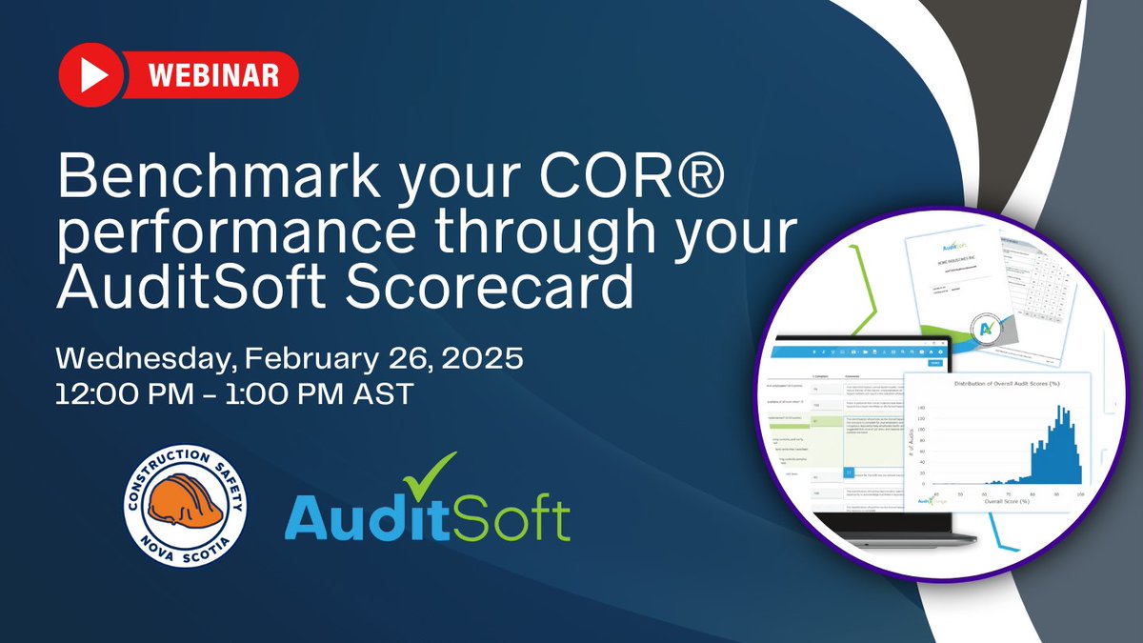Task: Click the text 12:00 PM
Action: [132, 392]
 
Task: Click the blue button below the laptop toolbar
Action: [934, 363]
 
